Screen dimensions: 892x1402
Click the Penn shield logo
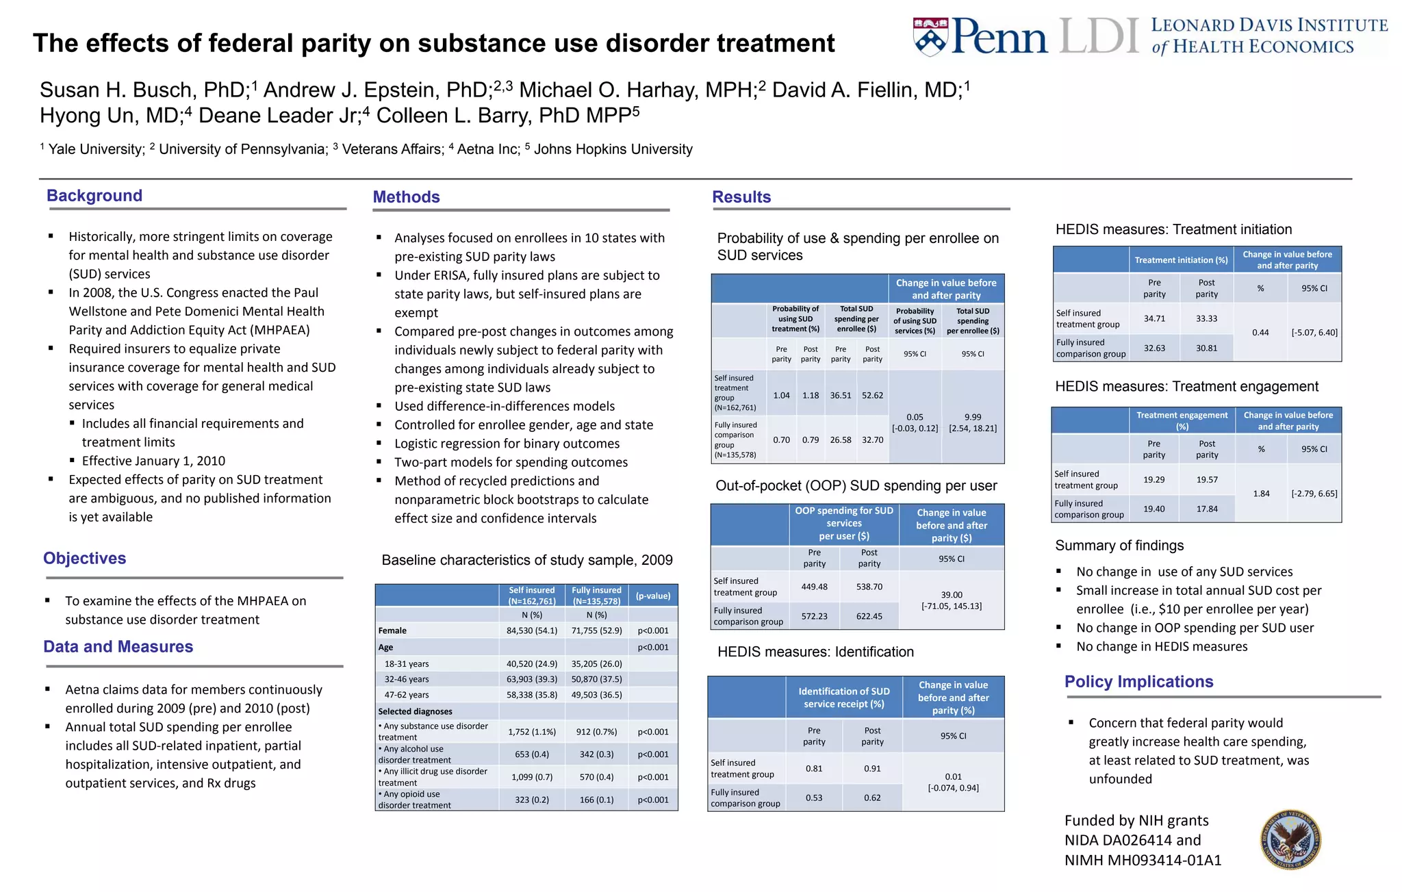point(930,37)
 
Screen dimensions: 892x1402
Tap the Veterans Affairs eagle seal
point(1290,839)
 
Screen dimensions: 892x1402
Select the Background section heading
point(94,196)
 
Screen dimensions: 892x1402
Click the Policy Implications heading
point(1138,682)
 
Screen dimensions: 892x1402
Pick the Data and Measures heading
point(118,647)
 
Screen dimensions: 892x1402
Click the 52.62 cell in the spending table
point(872,396)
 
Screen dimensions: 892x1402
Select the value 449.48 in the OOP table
point(814,587)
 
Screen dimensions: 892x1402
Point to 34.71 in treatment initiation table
point(1154,318)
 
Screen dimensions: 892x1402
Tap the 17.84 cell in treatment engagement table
point(1207,509)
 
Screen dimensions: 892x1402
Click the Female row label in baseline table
point(392,630)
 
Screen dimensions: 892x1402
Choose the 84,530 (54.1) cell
point(532,630)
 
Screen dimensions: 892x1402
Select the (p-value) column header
point(653,596)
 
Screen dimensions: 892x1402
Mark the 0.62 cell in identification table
point(872,798)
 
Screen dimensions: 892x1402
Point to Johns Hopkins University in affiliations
point(613,149)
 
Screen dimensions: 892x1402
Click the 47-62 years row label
point(407,695)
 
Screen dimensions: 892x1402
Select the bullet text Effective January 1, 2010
point(153,461)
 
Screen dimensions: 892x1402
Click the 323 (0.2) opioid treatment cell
point(532,800)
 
